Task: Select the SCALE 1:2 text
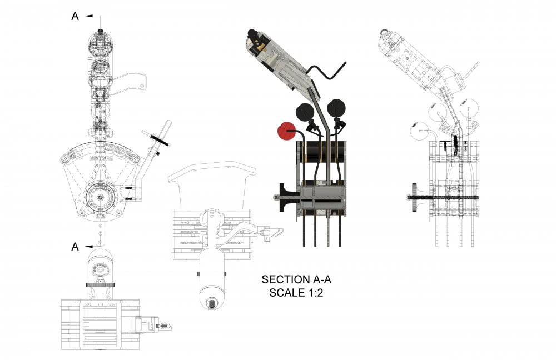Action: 296,293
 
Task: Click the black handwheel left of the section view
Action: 281,196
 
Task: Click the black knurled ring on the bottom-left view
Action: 101,284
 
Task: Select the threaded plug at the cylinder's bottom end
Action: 212,303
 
